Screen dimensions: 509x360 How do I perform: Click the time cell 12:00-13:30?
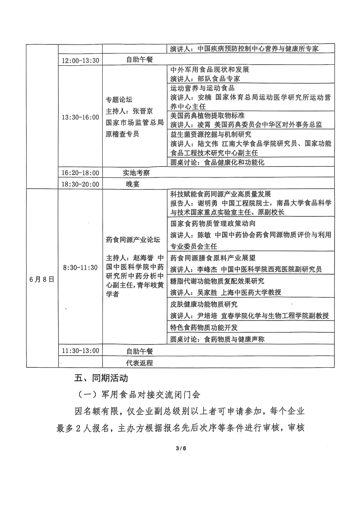pyautogui.click(x=80, y=60)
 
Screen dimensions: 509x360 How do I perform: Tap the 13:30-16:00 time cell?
pyautogui.click(x=80, y=117)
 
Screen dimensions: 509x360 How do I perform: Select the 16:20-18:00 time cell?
pyautogui.click(x=80, y=173)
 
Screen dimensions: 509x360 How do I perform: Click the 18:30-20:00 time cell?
pyautogui.click(x=80, y=184)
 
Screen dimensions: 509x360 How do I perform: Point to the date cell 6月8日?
pyautogui.click(x=42, y=279)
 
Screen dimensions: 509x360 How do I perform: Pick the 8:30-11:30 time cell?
pyautogui.click(x=80, y=267)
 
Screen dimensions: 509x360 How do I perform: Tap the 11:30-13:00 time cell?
pyautogui.click(x=80, y=351)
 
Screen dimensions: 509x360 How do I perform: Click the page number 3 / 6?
pyautogui.click(x=181, y=448)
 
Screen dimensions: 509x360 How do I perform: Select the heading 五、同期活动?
pyautogui.click(x=101, y=378)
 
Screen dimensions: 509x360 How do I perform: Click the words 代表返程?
pyautogui.click(x=139, y=363)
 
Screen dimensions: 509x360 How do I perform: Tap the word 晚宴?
pyautogui.click(x=133, y=184)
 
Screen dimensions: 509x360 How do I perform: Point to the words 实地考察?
pyautogui.click(x=136, y=173)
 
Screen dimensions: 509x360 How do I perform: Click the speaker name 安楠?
pyautogui.click(x=205, y=97)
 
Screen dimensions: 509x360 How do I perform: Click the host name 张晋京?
pyautogui.click(x=143, y=111)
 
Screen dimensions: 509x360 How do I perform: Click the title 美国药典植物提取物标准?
pyautogui.click(x=207, y=116)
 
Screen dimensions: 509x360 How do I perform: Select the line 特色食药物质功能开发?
pyautogui.click(x=204, y=327)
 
